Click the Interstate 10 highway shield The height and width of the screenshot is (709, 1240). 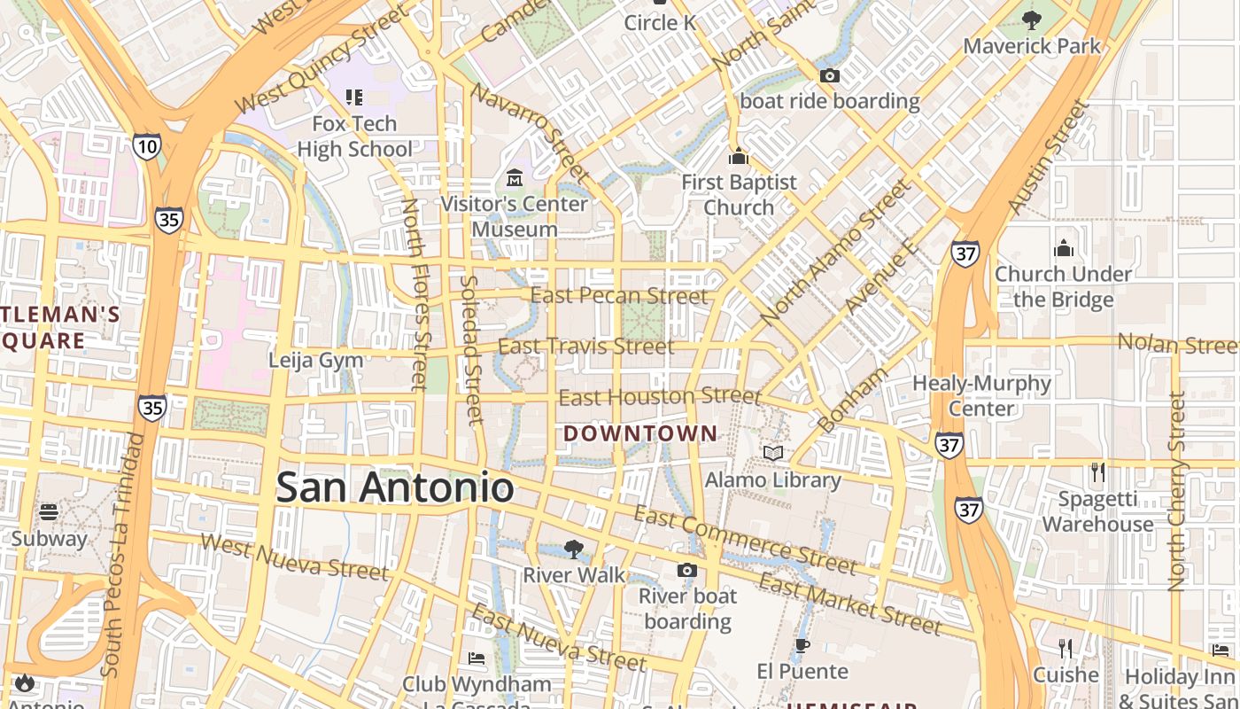147,146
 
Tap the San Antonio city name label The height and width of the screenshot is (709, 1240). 395,488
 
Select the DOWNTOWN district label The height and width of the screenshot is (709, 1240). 640,433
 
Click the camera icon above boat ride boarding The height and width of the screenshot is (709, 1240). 830,76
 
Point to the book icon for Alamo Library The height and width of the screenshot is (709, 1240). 773,454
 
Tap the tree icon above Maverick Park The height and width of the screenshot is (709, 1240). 1032,19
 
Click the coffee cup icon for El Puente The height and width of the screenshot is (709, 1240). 802,645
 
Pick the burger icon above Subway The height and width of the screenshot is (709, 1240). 49,512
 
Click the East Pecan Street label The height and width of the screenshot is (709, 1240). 620,296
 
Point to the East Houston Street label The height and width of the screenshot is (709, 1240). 660,397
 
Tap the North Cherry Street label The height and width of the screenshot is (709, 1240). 1176,492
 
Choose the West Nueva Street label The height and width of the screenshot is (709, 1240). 294,557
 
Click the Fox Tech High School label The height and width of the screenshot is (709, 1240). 354,136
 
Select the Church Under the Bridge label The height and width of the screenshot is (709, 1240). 1063,286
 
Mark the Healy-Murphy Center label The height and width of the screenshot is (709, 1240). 981,396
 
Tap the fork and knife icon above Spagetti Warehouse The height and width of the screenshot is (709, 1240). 1098,472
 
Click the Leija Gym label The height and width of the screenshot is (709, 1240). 316,361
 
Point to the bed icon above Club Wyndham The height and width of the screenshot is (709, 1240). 477,658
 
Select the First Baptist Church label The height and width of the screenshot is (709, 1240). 739,194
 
